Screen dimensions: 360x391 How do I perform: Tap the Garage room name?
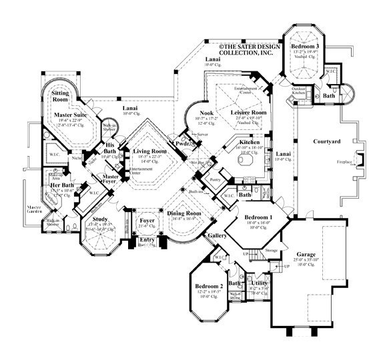click(296, 255)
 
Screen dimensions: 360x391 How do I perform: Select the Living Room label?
click(149, 152)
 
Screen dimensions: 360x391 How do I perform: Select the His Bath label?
click(109, 148)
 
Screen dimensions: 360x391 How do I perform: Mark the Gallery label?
click(218, 236)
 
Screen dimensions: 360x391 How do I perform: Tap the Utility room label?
click(259, 283)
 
